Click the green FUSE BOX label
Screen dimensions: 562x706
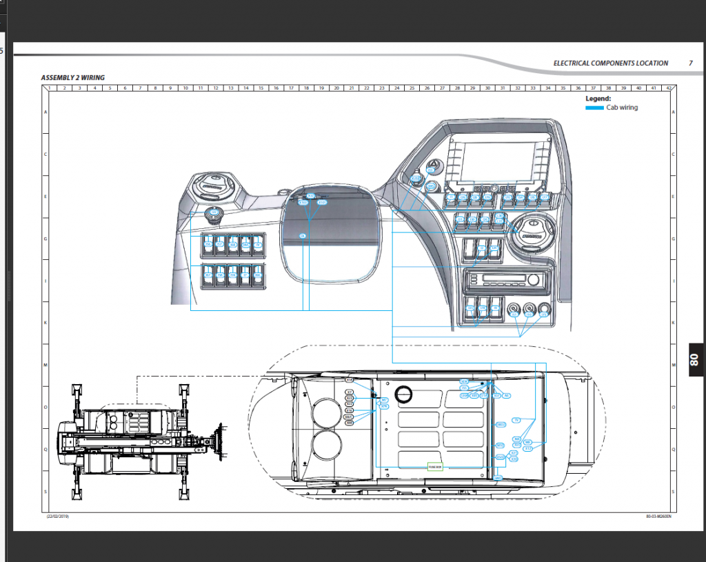(x=434, y=467)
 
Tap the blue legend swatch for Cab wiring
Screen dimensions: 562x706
(x=594, y=108)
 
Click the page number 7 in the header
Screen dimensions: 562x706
(x=690, y=63)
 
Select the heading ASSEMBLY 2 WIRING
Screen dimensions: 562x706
(x=73, y=78)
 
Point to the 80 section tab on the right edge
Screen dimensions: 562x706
(x=695, y=359)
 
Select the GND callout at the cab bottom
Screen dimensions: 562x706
(x=498, y=478)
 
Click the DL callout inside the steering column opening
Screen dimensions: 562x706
(x=302, y=236)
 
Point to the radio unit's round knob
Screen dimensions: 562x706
(x=532, y=280)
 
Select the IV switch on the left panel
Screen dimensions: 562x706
(x=258, y=244)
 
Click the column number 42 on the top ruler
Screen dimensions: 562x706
(x=667, y=88)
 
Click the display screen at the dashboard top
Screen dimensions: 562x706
(x=494, y=158)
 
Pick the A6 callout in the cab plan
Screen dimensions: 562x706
(x=507, y=396)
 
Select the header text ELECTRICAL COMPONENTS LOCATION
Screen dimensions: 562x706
(x=610, y=63)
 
